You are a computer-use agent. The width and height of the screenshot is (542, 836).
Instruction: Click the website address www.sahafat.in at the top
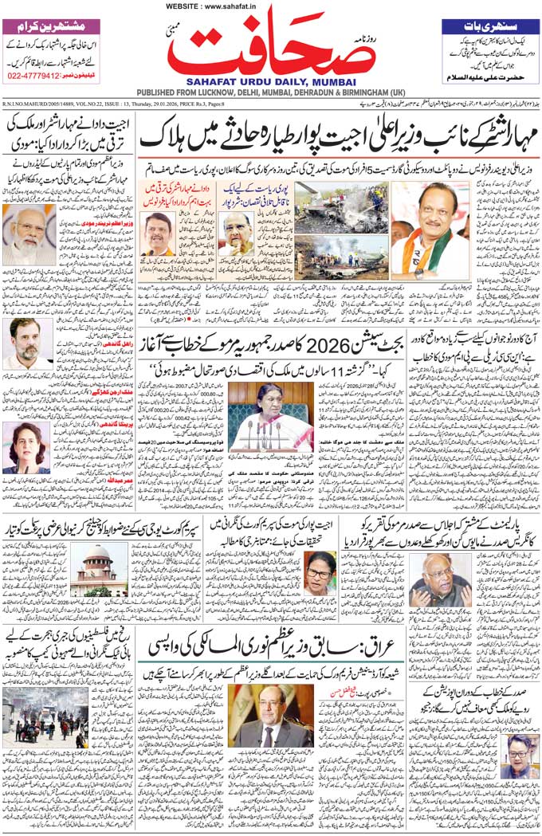tap(204, 6)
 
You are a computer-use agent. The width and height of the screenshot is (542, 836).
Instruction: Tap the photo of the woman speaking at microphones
tap(271, 415)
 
